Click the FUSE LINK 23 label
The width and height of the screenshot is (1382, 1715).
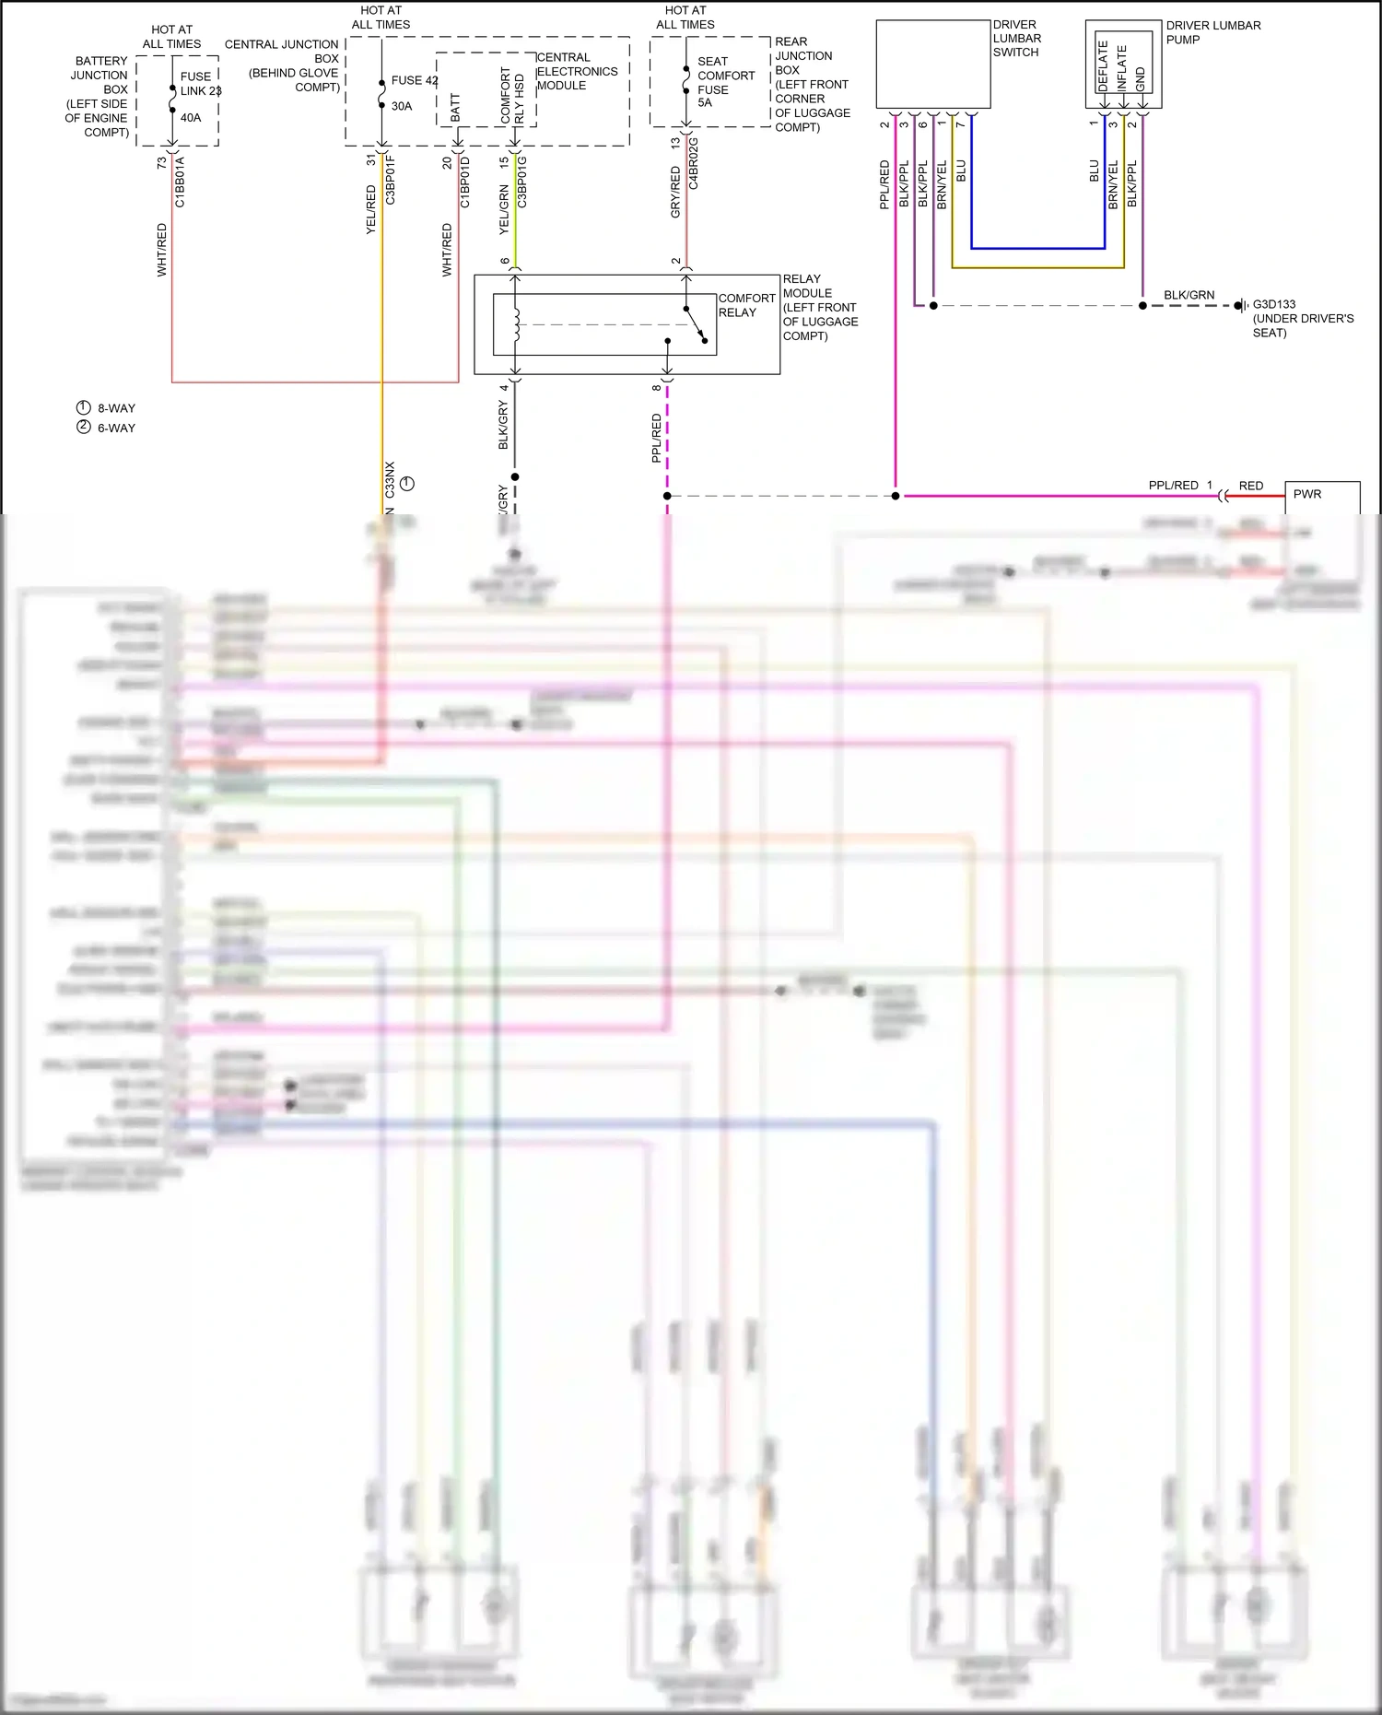[200, 84]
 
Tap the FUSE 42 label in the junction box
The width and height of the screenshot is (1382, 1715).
[414, 80]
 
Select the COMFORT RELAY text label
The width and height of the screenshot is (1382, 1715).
[746, 305]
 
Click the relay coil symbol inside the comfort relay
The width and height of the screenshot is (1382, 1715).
[517, 324]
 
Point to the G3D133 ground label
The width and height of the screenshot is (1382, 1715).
[1273, 304]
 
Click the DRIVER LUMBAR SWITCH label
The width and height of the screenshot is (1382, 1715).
[1016, 39]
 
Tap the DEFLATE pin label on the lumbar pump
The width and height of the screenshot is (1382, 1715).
[1103, 65]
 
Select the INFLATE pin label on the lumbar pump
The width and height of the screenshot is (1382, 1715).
[1121, 67]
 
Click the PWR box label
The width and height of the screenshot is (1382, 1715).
[1306, 494]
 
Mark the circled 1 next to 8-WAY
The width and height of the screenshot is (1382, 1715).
[84, 407]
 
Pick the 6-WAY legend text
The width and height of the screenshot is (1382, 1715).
[116, 428]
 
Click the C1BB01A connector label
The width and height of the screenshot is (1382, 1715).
[180, 182]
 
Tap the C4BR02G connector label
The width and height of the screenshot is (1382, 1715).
[694, 164]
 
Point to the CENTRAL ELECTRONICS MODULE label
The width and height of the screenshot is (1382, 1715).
[577, 71]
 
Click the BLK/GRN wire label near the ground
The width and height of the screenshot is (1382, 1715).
[1189, 295]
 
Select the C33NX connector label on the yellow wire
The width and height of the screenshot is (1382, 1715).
[390, 480]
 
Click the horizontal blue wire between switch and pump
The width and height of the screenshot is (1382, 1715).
[1037, 248]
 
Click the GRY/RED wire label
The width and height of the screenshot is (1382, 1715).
[675, 192]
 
